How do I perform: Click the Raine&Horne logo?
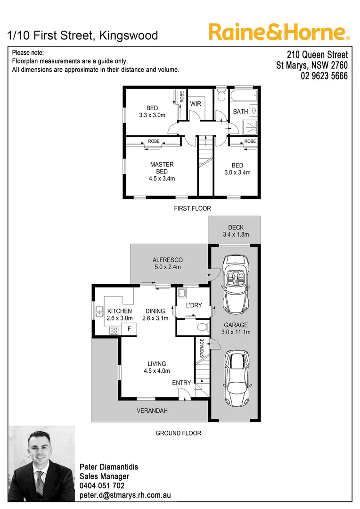[278, 33]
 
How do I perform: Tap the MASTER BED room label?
[162, 164]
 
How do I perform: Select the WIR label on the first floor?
[196, 104]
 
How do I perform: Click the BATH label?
[240, 112]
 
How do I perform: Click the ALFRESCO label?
[167, 260]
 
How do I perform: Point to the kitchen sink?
[100, 311]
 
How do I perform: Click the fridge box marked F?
[129, 328]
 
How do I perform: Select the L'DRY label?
[194, 305]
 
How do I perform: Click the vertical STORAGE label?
[202, 348]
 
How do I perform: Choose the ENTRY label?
[181, 383]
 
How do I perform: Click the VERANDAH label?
[152, 411]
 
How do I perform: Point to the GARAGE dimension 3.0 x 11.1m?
[236, 332]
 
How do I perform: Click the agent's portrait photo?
[42, 463]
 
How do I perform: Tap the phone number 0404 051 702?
[102, 485]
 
